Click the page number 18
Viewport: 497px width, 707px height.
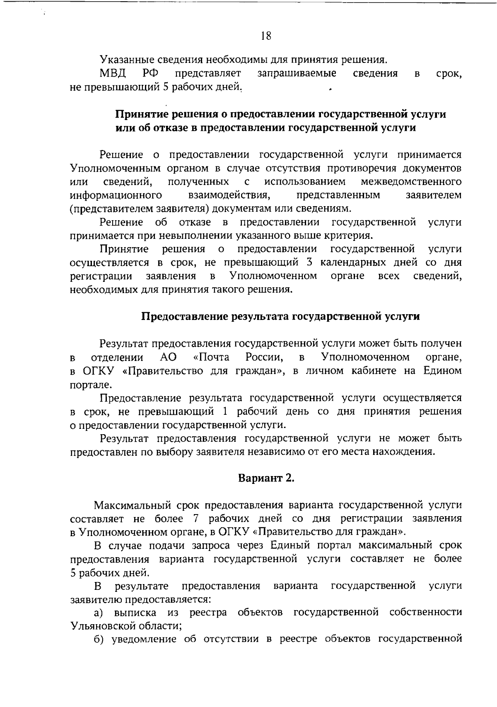(266, 36)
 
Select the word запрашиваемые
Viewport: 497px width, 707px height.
(297, 74)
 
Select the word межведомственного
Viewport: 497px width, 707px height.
(411, 182)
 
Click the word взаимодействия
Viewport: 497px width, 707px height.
(229, 195)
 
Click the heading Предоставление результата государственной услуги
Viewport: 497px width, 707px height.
(281, 317)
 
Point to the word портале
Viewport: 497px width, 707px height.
(85, 384)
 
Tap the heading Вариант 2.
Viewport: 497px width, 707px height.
(266, 479)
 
